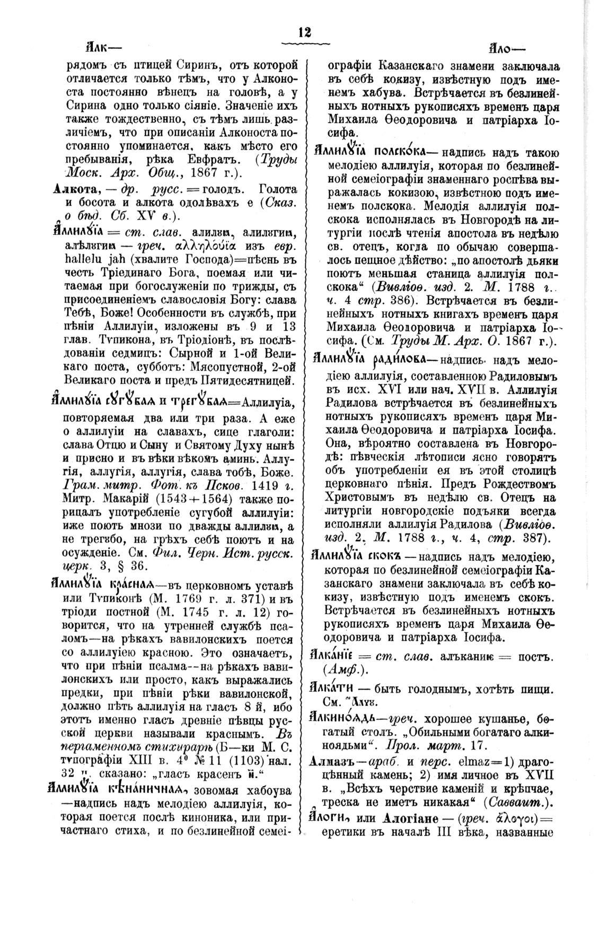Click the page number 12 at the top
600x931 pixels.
pos(304,32)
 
